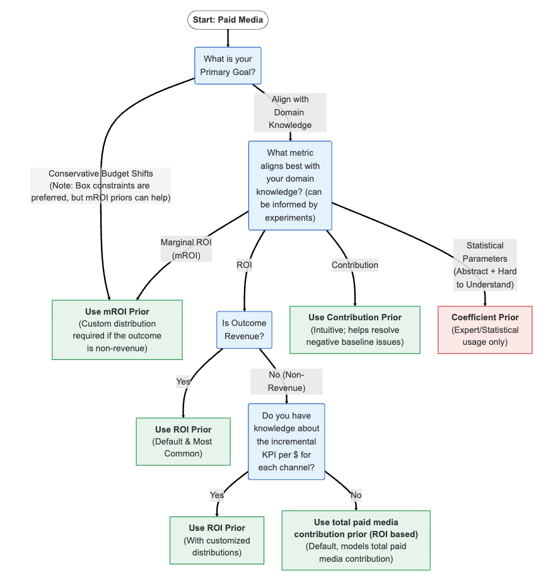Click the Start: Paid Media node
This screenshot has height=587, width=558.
point(228,20)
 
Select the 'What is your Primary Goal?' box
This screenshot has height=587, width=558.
point(228,66)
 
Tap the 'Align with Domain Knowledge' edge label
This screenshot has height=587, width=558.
point(290,112)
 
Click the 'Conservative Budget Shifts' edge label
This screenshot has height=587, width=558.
point(101,185)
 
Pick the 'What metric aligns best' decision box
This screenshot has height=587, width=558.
point(290,185)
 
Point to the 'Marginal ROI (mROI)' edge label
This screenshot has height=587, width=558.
point(185,248)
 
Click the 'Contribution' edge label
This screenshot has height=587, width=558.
point(355,265)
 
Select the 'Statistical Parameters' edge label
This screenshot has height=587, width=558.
point(485,265)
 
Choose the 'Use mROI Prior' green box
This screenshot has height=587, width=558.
point(117,330)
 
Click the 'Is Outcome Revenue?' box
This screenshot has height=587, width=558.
point(244,330)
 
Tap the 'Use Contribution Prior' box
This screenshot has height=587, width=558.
point(355,330)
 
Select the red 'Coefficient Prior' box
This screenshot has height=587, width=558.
point(485,330)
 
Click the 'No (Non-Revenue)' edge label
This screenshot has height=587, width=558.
point(286,381)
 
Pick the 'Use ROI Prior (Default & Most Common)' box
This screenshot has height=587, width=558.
point(183,441)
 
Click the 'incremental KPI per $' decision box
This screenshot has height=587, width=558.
point(286,441)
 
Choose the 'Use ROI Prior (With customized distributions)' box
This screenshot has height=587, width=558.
point(217,540)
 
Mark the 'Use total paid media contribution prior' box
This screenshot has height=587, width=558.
point(356,540)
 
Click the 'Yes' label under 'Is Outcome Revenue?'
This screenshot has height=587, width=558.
point(183,381)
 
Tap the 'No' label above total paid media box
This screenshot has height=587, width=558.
point(356,495)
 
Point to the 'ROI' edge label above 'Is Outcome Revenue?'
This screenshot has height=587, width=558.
point(244,265)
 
